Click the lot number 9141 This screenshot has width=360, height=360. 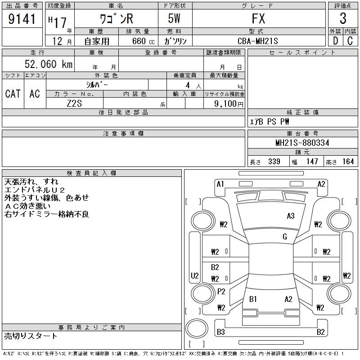22,19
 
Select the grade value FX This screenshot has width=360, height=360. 258,18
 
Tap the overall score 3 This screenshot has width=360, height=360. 343,18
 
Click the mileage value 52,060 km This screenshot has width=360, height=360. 49,64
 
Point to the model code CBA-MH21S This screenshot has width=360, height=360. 257,41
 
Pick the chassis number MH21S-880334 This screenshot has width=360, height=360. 302,143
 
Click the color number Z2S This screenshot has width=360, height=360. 74,103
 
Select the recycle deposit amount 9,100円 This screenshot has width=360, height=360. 229,104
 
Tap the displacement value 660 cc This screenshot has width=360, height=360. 143,41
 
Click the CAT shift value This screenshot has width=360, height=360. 13,94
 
